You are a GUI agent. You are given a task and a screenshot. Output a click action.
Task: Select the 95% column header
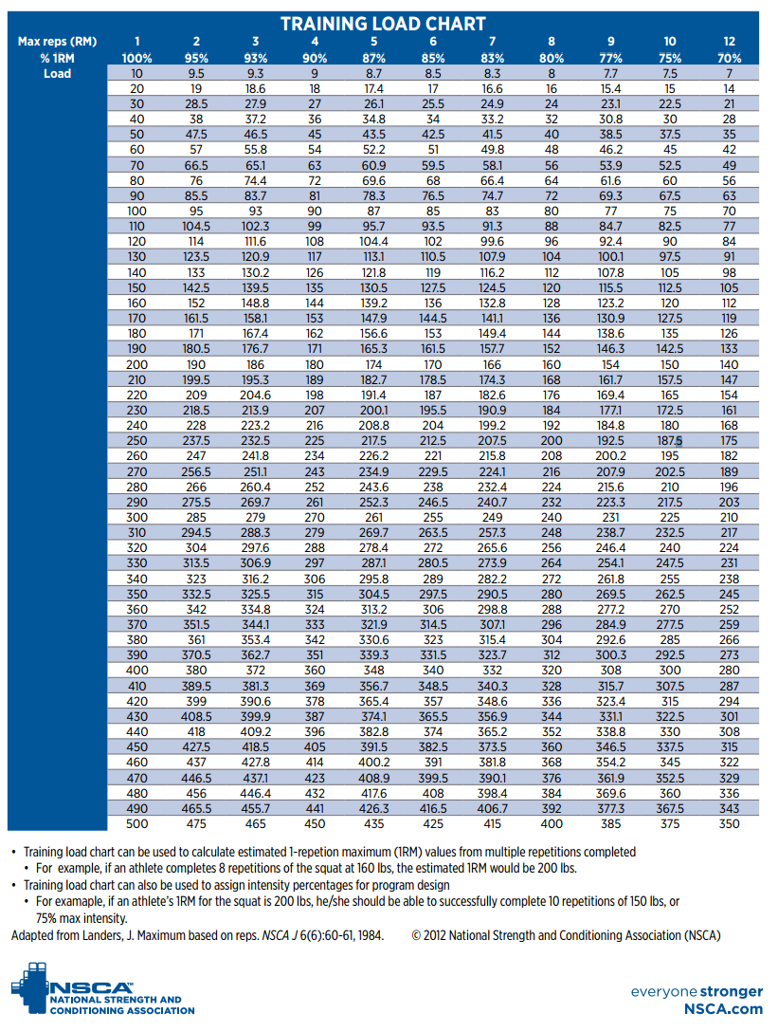[196, 57]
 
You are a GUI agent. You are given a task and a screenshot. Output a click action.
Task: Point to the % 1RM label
[57, 57]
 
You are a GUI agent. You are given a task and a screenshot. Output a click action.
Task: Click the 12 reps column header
[729, 41]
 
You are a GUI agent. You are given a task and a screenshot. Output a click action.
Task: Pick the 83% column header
[492, 57]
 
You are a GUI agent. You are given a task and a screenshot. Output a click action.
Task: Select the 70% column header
[729, 57]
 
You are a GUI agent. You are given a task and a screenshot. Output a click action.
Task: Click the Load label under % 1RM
[57, 73]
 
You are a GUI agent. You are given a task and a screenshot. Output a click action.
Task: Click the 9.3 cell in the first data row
[256, 73]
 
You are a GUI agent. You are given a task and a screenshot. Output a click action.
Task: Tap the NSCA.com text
[724, 1009]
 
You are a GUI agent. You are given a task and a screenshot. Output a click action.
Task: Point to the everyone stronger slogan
[697, 991]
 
